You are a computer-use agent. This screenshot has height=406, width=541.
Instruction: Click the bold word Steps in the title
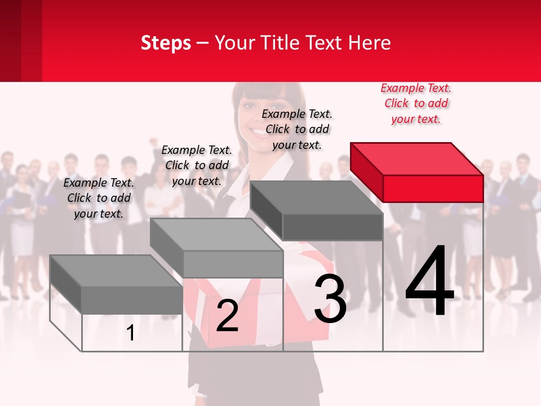pyautogui.click(x=166, y=43)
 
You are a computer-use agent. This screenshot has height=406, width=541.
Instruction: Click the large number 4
pyautogui.click(x=429, y=281)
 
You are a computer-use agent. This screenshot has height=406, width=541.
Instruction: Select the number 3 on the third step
pyautogui.click(x=330, y=299)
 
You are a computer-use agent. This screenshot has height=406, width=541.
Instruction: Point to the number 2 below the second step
pyautogui.click(x=227, y=315)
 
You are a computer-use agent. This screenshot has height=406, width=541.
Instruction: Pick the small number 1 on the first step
pyautogui.click(x=131, y=333)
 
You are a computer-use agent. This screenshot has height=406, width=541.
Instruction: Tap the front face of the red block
pyautogui.click(x=433, y=188)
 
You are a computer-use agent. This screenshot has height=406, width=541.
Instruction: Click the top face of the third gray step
pyautogui.click(x=316, y=197)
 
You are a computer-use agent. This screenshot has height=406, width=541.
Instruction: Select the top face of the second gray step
pyautogui.click(x=216, y=234)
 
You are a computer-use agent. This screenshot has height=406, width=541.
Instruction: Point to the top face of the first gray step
pyautogui.click(x=116, y=271)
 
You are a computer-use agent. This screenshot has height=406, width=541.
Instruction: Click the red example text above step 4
pyautogui.click(x=416, y=104)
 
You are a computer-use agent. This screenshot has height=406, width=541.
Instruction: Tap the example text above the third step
pyautogui.click(x=297, y=129)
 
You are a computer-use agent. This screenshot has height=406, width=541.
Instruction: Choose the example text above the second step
pyautogui.click(x=197, y=165)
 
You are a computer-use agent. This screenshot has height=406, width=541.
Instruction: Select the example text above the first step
pyautogui.click(x=99, y=198)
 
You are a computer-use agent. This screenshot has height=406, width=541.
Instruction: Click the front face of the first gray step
pyautogui.click(x=132, y=299)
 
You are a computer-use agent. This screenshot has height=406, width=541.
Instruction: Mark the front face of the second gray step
pyautogui.click(x=233, y=264)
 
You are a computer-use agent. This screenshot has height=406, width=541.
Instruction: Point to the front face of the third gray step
pyautogui.click(x=332, y=227)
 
